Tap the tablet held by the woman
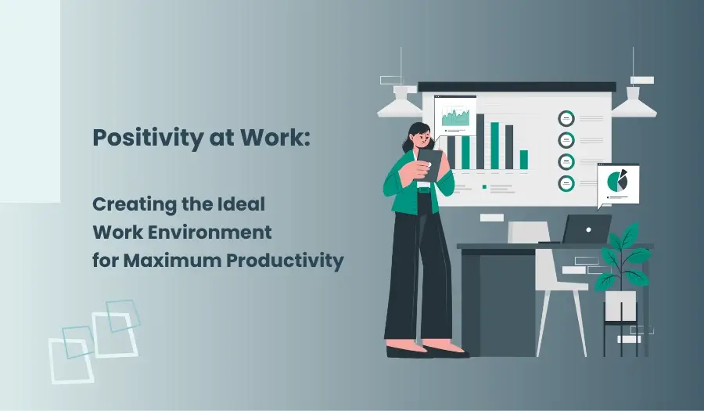tap(429, 164)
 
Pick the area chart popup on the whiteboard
tap(455, 117)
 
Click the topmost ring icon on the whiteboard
tap(566, 118)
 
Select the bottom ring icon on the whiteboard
tap(566, 183)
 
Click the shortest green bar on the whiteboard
tap(523, 160)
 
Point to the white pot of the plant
tap(620, 305)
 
